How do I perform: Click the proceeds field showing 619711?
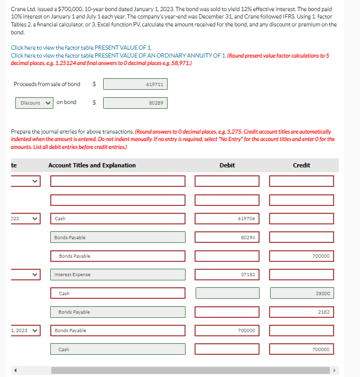pyautogui.click(x=135, y=84)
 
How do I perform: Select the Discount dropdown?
pyautogui.click(x=34, y=103)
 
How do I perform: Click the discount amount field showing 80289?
pyautogui.click(x=135, y=103)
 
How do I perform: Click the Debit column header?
pyautogui.click(x=227, y=165)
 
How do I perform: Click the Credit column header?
pyautogui.click(x=301, y=165)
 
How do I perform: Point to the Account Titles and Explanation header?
pyautogui.click(x=92, y=165)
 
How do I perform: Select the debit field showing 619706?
pyautogui.click(x=227, y=219)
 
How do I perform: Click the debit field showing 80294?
pyautogui.click(x=227, y=238)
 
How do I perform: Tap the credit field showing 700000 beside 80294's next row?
pyautogui.click(x=301, y=256)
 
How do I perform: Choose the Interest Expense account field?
pyautogui.click(x=118, y=275)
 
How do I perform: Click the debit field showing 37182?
pyautogui.click(x=227, y=275)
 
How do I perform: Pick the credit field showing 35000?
pyautogui.click(x=301, y=293)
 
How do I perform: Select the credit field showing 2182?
pyautogui.click(x=301, y=312)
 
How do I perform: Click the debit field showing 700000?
pyautogui.click(x=227, y=331)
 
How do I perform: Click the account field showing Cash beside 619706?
pyautogui.click(x=118, y=219)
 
